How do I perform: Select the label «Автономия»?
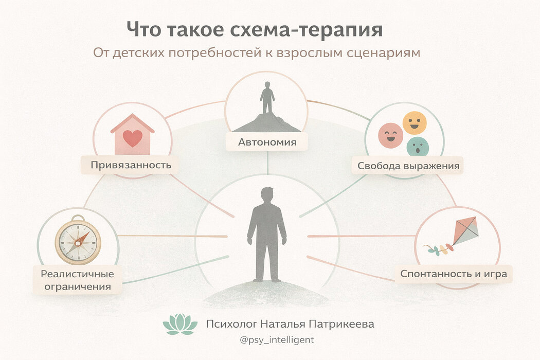pos(267,142)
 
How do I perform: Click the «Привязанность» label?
pos(131,165)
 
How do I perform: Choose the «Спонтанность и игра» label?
pos(453,274)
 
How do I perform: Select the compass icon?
pos(78,241)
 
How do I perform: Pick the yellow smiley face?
pos(415,123)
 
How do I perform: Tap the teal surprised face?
pos(417,147)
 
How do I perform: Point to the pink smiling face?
pos(390,135)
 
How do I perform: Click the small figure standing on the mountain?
pos(266,98)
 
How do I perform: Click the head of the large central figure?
pos(267,196)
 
